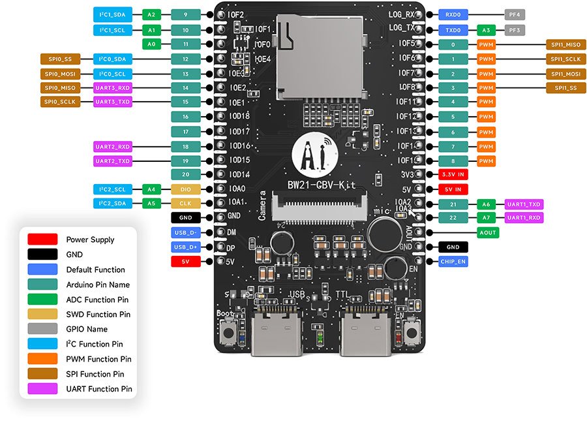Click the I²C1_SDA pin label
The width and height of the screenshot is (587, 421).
point(113,14)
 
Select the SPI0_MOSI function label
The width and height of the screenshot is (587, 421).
point(60,74)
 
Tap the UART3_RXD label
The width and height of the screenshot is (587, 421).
point(113,88)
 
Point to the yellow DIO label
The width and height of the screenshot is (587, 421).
point(186,189)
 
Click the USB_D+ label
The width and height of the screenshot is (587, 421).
point(185,247)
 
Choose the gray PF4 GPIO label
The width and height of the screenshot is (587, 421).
point(514,14)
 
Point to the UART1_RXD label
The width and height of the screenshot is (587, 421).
point(524,217)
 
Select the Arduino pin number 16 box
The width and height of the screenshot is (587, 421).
point(186,117)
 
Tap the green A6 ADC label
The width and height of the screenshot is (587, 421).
point(486,204)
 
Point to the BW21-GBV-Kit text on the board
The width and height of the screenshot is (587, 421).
point(322,185)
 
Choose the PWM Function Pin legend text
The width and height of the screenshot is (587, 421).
point(98,359)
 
